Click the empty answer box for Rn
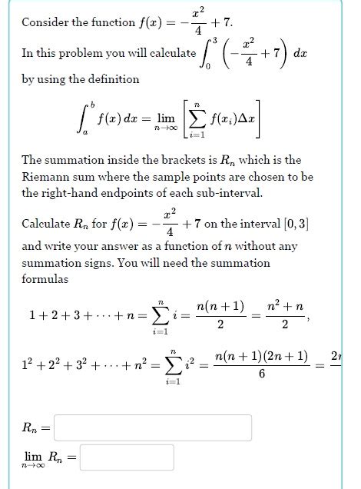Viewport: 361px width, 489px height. point(153,427)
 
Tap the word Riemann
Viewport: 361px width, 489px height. point(44,176)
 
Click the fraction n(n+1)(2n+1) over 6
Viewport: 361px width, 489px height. point(262,365)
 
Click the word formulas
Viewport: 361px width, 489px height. point(44,278)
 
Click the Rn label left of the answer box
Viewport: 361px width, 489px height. point(31,428)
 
